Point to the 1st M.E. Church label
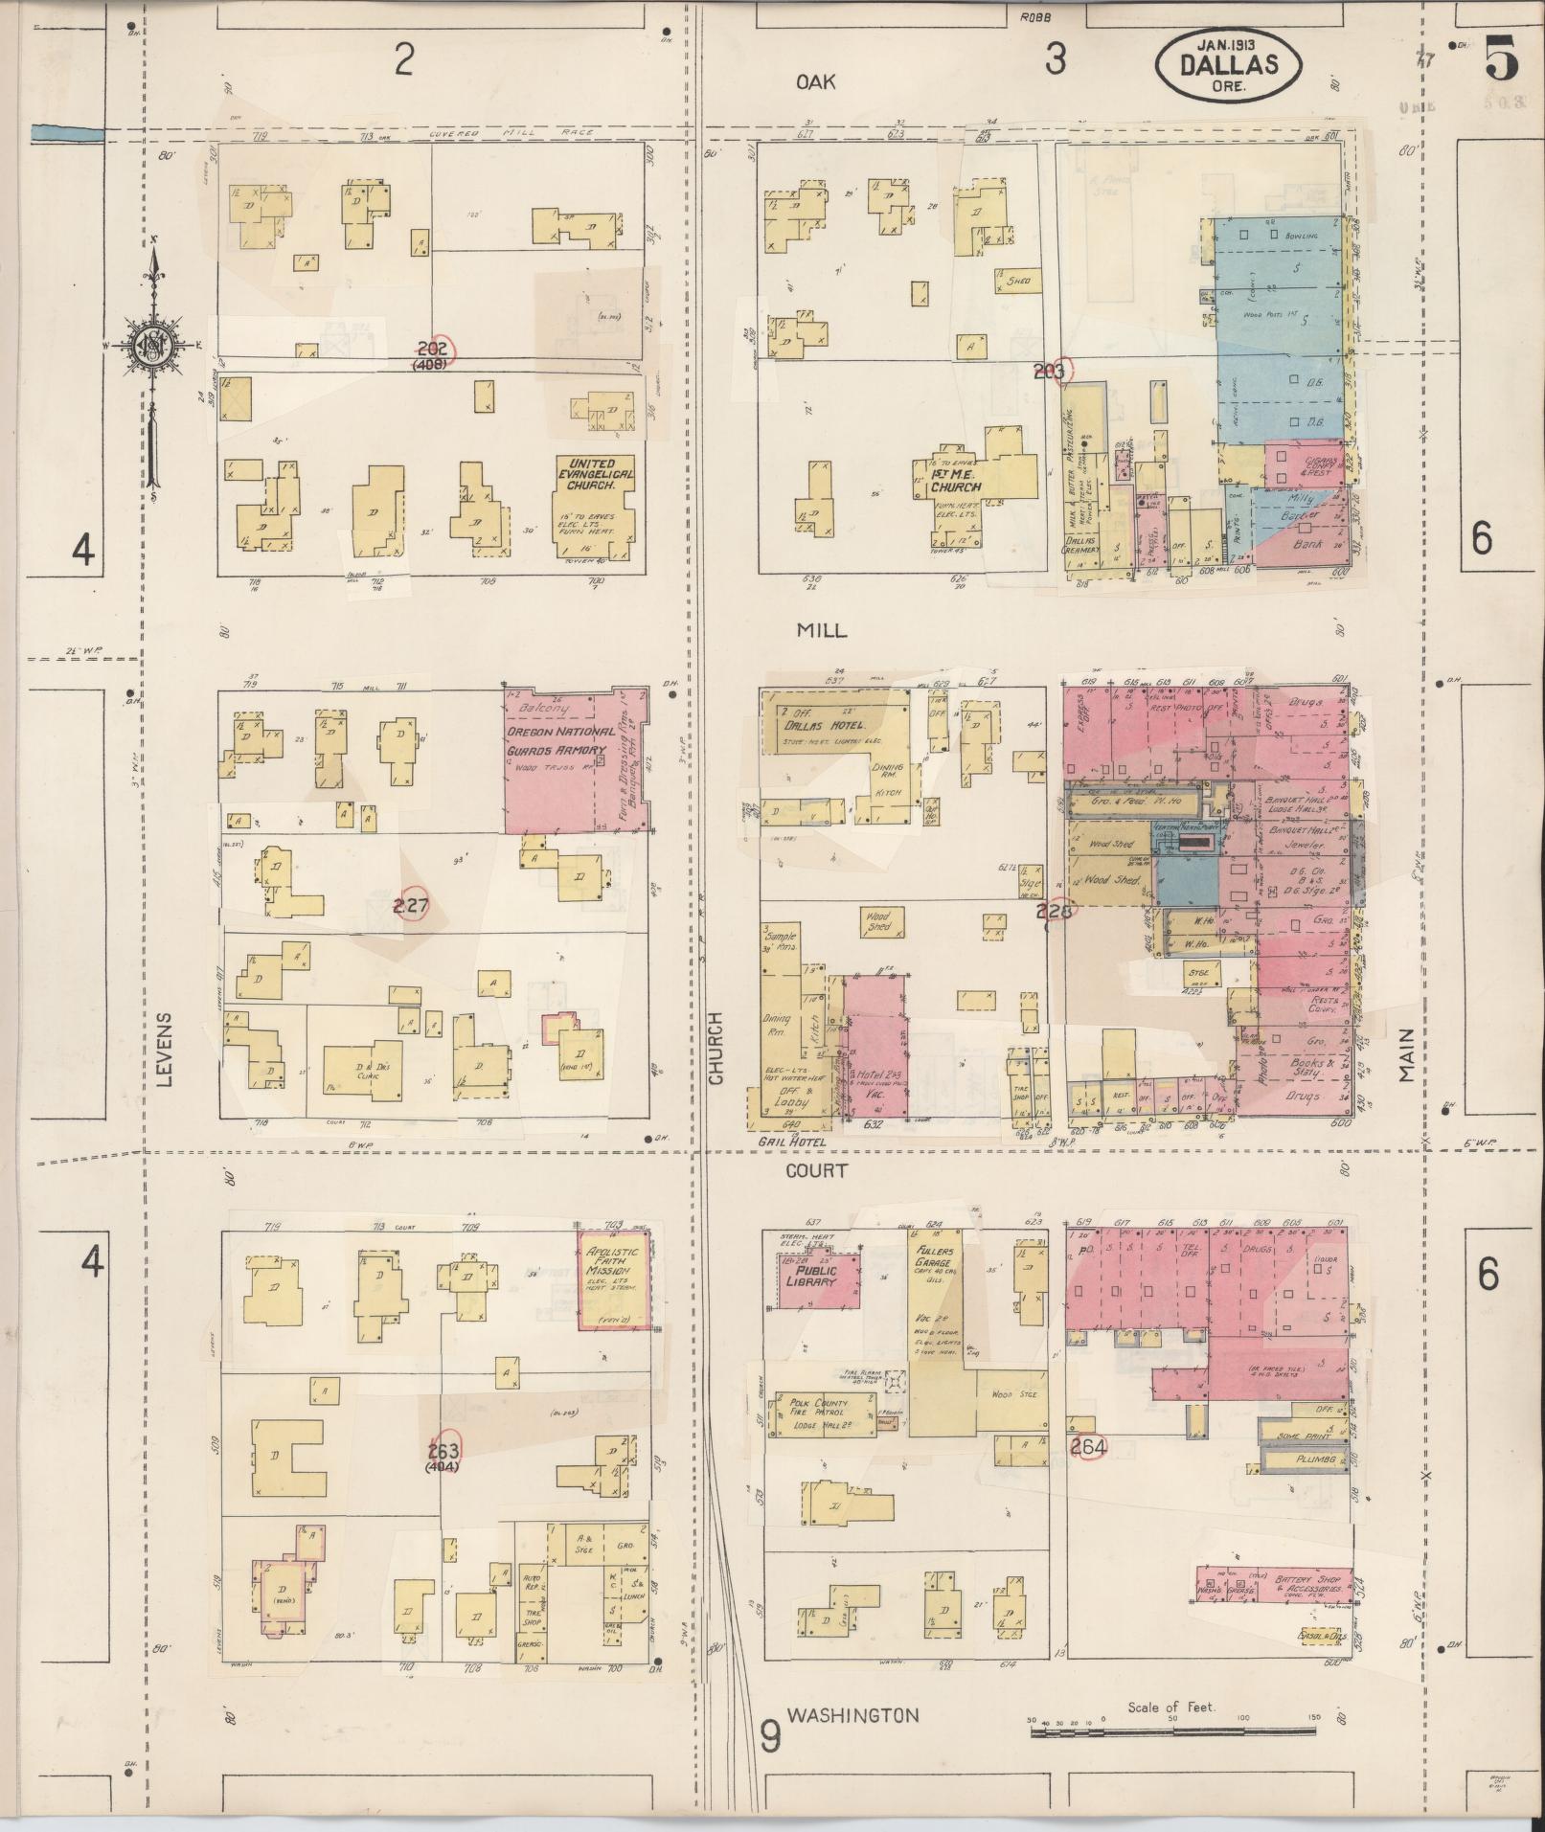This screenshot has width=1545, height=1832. pos(955,481)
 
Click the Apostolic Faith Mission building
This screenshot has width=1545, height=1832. pos(614,1279)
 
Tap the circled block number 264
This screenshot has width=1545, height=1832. pos(1089,1446)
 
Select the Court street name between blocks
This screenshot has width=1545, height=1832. pos(816,1170)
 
